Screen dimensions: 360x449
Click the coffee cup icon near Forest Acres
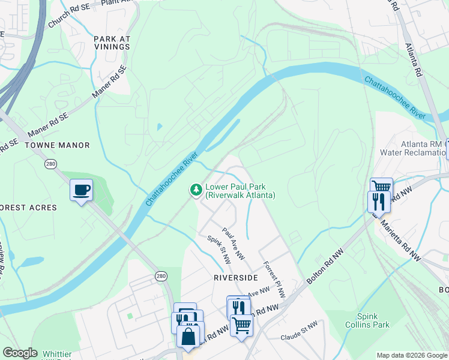(81, 190)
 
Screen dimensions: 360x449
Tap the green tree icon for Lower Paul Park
(195, 190)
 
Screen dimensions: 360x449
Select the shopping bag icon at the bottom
(188, 336)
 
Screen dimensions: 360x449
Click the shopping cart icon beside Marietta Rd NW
(381, 187)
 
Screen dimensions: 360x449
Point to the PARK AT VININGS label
(112, 43)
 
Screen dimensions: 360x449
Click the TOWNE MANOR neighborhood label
(57, 145)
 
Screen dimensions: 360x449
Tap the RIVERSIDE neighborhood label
(236, 278)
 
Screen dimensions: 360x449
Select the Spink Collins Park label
(373, 320)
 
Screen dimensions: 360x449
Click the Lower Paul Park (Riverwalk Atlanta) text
(240, 191)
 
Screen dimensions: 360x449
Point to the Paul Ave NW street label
(233, 243)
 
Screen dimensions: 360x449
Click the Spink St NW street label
(219, 251)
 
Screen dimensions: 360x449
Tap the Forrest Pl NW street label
(274, 280)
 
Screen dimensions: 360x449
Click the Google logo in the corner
(20, 353)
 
